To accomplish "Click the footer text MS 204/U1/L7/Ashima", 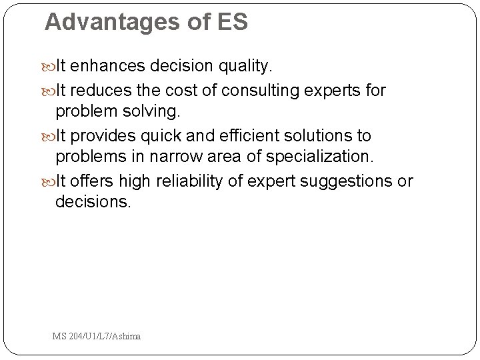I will (x=97, y=337).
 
